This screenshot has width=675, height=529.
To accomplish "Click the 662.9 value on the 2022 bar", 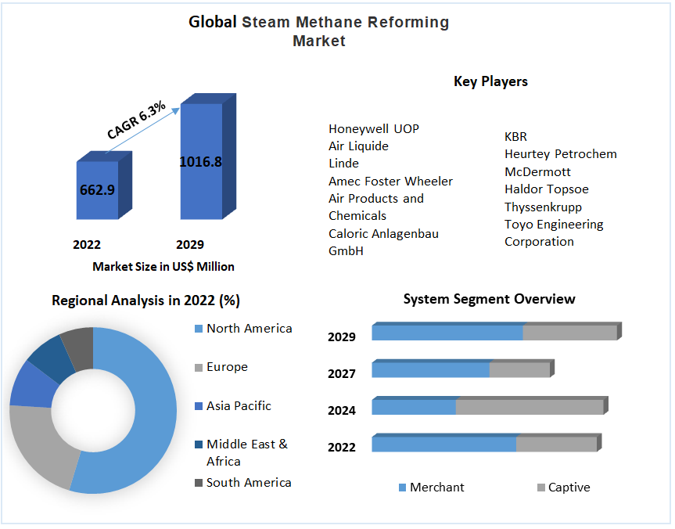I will point(96,189).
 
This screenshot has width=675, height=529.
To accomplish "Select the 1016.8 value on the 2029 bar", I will point(201,162).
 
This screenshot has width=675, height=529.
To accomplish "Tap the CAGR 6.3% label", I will point(136,121).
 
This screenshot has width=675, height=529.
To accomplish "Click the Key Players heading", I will point(490,81).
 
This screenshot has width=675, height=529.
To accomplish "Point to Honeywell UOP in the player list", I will point(373,129).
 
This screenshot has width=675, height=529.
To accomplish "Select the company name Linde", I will point(343,164).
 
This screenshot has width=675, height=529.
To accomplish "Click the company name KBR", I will point(515,137).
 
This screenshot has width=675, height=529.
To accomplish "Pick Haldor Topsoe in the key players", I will point(546,189).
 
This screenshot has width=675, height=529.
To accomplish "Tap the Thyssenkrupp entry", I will point(543,207).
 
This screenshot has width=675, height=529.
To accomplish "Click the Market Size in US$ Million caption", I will point(163,267).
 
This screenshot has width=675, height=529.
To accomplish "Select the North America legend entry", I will point(249,329).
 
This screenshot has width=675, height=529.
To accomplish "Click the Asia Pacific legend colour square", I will point(198,406).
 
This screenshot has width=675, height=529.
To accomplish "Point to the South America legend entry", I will point(249,483).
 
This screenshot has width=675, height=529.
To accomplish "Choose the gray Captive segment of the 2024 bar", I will point(529,407).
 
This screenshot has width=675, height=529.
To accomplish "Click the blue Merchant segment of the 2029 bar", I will point(447,333).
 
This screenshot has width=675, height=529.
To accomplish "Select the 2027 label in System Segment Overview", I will point(342,374).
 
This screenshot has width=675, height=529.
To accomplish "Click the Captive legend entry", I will point(569,488).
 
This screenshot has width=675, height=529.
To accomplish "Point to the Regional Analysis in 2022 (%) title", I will point(145,300).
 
